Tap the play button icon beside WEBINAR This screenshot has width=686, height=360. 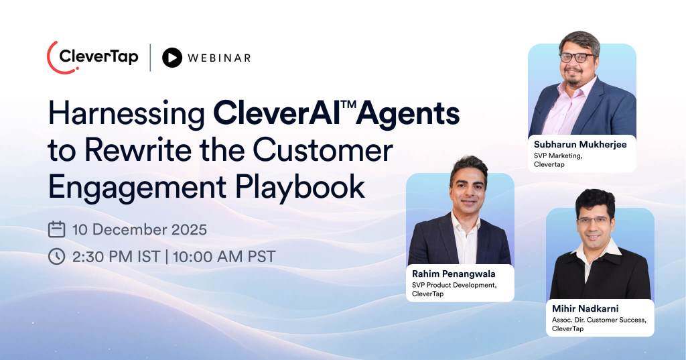(x=172, y=58)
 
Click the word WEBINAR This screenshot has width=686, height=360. (x=219, y=58)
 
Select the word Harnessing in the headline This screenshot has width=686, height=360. (x=125, y=115)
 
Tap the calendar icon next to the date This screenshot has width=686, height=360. (x=57, y=229)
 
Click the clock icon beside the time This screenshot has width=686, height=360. (x=57, y=256)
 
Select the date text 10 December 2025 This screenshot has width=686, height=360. (x=139, y=229)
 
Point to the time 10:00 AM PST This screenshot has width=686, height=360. (x=224, y=256)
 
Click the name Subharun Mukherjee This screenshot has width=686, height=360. (x=580, y=144)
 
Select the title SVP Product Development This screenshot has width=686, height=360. (x=454, y=285)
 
